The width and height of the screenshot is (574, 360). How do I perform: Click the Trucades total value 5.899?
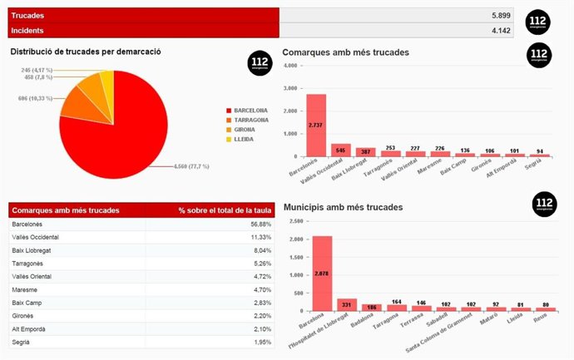500,16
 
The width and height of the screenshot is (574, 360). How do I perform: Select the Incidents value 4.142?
500,31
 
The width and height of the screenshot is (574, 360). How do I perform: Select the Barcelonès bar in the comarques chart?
316,125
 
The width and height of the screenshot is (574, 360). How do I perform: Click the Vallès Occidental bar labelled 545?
341,150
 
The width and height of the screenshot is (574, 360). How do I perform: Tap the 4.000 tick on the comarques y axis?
290,88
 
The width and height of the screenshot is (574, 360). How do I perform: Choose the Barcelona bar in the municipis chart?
322,273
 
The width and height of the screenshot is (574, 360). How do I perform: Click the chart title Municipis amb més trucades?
343,206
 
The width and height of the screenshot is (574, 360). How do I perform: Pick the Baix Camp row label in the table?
29,303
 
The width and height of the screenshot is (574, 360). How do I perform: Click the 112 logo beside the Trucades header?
538,22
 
